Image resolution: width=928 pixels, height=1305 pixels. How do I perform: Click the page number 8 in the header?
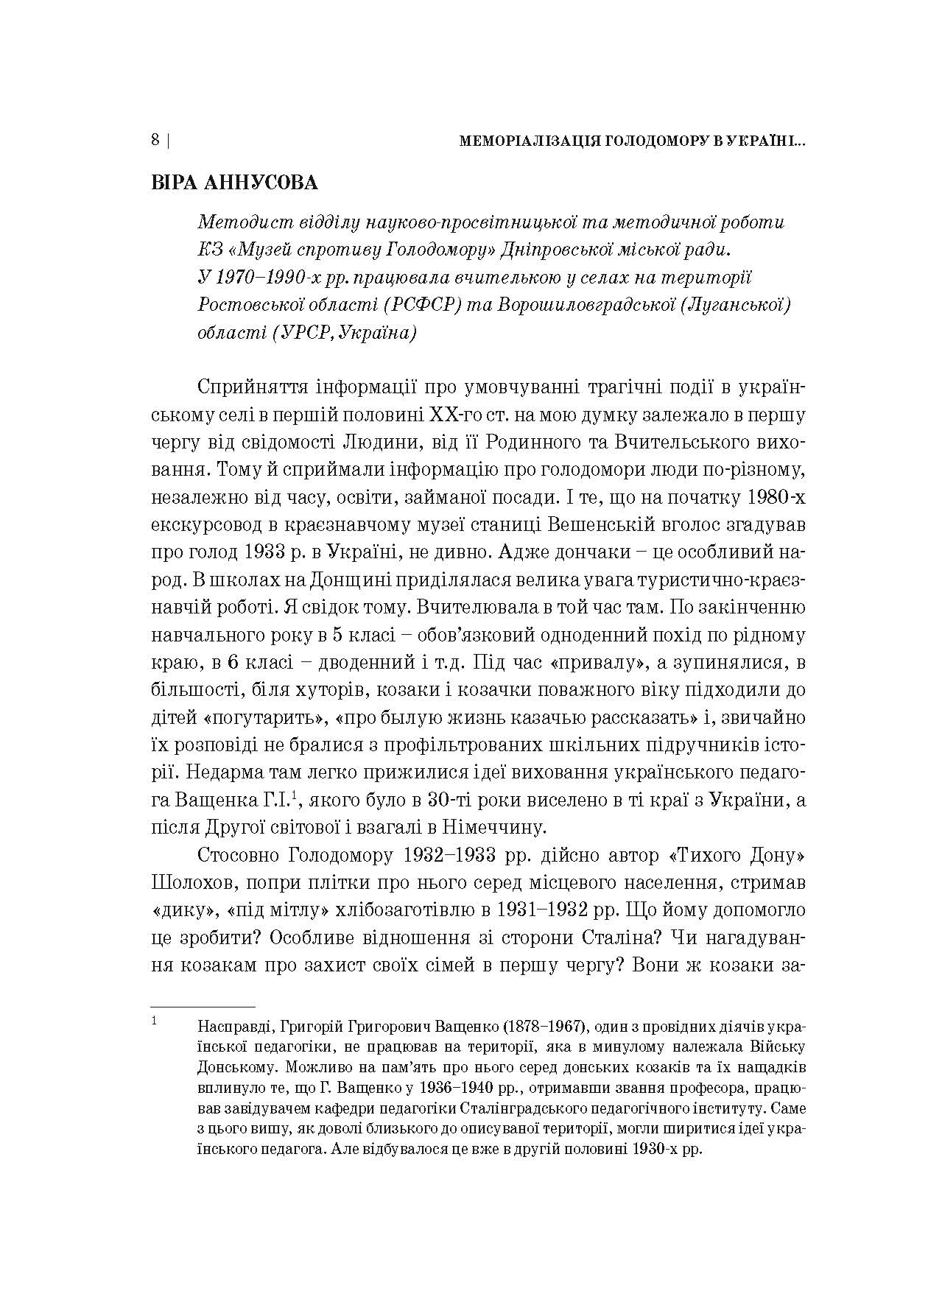coord(155,141)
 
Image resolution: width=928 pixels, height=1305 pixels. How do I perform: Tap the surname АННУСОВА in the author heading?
coord(261,183)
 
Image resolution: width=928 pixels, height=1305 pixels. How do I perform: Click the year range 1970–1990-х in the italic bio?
coord(273,278)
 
